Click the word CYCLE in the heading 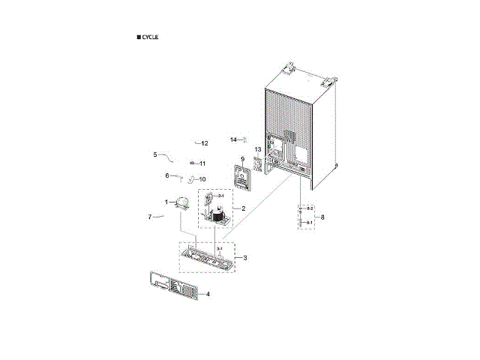pyautogui.click(x=149, y=37)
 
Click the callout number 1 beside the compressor pyautogui.click(x=166, y=202)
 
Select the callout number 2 pyautogui.click(x=243, y=208)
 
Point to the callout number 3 pyautogui.click(x=245, y=257)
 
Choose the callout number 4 pyautogui.click(x=208, y=294)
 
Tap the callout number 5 pyautogui.click(x=155, y=154)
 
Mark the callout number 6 pyautogui.click(x=167, y=175)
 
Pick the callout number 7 pyautogui.click(x=150, y=217)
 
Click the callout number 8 pyautogui.click(x=322, y=217)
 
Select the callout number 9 pyautogui.click(x=242, y=159)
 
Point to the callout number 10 pyautogui.click(x=202, y=179)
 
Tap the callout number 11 pyautogui.click(x=202, y=163)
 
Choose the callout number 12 pyautogui.click(x=204, y=142)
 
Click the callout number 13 pyautogui.click(x=257, y=149)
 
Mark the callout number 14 pyautogui.click(x=233, y=139)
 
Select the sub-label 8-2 pyautogui.click(x=309, y=208)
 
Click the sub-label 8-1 pyautogui.click(x=309, y=223)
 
